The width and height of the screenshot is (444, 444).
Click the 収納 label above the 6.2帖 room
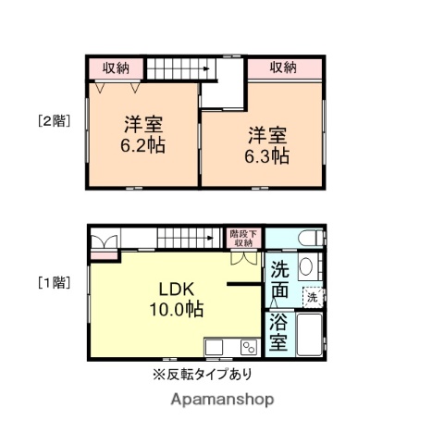coord(116,68)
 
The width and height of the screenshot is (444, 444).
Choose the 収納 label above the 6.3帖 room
coord(284,68)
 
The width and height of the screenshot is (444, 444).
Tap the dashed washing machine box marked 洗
coord(313,297)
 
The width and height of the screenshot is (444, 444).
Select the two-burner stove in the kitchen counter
coord(249,348)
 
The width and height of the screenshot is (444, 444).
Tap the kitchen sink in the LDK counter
coord(214,348)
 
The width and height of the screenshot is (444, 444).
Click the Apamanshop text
coord(221,400)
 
